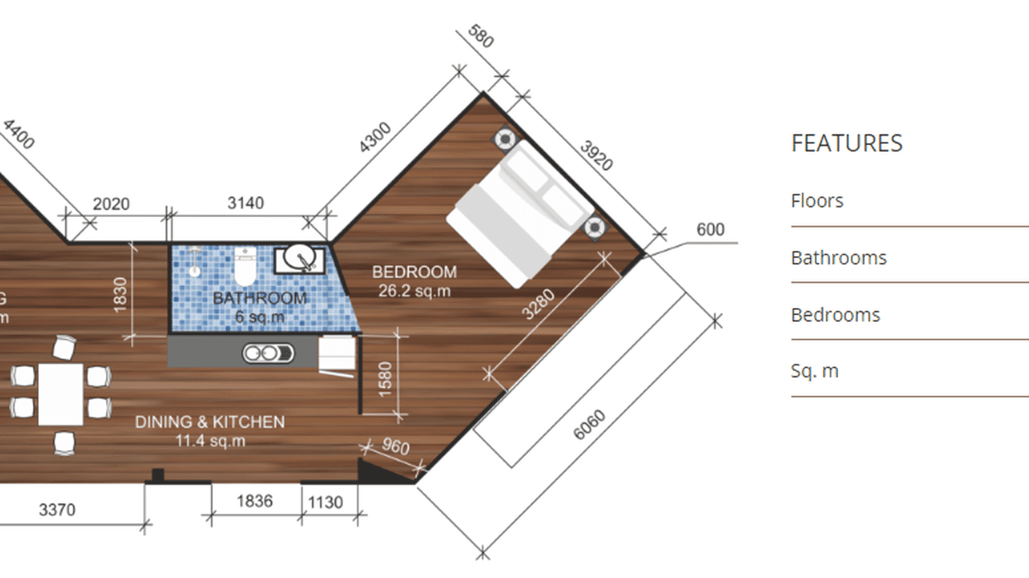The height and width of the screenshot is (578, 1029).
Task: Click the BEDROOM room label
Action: point(414,272)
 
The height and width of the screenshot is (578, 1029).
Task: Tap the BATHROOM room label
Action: point(259,298)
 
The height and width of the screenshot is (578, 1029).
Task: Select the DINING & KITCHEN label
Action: point(209,422)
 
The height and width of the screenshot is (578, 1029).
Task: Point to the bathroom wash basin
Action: point(300,259)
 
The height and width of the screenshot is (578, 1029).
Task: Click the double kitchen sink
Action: point(268,353)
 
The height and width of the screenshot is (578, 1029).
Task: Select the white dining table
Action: point(61,394)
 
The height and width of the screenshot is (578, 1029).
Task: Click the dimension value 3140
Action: point(245,203)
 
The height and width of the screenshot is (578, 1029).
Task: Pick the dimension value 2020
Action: point(111,204)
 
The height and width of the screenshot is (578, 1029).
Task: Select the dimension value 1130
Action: point(325,502)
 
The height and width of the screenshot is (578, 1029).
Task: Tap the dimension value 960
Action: point(394,447)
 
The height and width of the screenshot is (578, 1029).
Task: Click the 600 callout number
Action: point(710,230)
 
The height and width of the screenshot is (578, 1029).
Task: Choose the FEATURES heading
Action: point(847,143)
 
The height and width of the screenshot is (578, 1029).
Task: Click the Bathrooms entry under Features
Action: point(838,258)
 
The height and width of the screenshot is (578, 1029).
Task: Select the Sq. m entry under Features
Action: point(814,371)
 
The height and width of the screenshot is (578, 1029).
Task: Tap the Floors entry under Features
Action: point(817,201)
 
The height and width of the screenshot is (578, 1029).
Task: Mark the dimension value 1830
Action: point(120,293)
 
